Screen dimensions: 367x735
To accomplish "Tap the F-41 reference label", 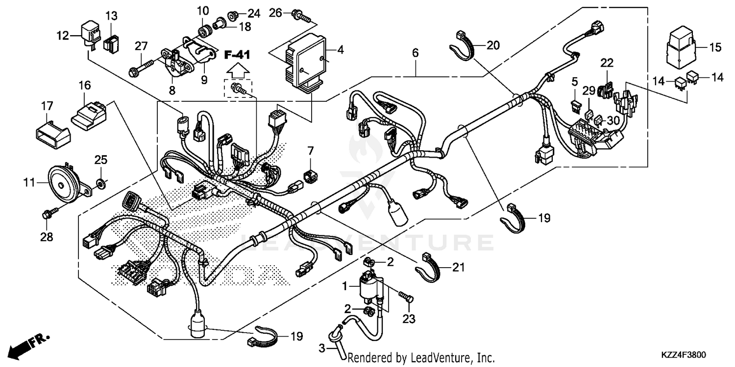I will click(237, 55).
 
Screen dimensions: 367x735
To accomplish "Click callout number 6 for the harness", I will click(415, 53).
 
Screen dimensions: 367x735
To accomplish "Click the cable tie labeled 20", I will click(465, 46).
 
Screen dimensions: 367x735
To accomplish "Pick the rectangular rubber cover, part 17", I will click(50, 132).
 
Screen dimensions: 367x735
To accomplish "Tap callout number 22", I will click(607, 63).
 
